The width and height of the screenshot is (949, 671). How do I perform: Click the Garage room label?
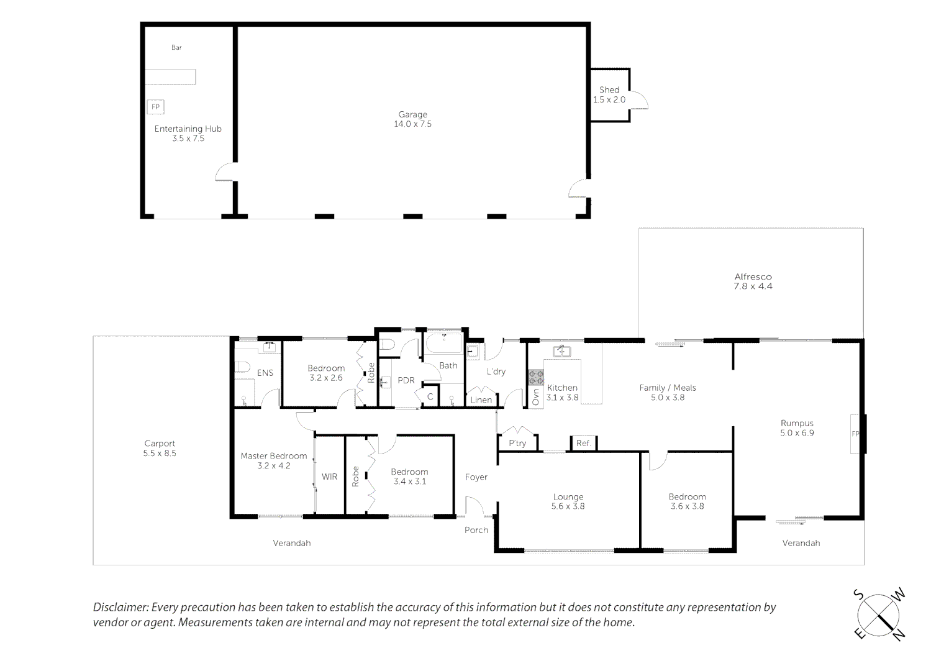tap(412, 114)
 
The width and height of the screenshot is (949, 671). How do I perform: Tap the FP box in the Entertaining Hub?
tap(155, 107)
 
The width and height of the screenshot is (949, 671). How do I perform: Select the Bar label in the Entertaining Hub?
tap(176, 47)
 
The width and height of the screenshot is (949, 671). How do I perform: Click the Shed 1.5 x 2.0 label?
tap(609, 94)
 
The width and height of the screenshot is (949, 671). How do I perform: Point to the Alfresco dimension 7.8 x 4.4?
tap(753, 286)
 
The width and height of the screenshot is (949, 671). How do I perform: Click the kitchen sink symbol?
tap(562, 351)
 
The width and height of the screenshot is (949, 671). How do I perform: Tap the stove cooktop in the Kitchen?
tap(535, 377)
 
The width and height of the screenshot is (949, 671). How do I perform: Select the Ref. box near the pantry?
tap(583, 443)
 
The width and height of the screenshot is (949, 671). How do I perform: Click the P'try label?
tap(517, 443)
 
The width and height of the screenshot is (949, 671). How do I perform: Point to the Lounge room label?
tap(568, 497)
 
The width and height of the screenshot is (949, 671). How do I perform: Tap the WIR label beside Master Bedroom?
tap(329, 477)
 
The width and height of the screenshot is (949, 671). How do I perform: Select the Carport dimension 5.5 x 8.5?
tap(160, 453)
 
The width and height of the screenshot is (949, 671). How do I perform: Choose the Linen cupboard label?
tap(481, 399)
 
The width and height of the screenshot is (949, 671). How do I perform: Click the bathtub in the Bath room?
tap(443, 343)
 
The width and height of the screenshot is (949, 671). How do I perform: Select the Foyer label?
tap(476, 477)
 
